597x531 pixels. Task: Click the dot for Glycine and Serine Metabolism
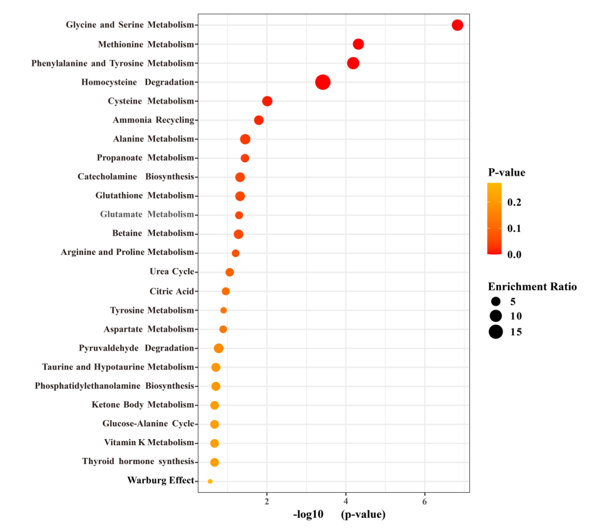[457, 25]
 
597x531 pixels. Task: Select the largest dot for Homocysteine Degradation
[323, 82]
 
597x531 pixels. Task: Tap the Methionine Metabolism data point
[358, 44]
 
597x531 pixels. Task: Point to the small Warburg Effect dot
[210, 481]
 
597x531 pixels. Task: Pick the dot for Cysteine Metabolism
[267, 101]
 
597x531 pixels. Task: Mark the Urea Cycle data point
[229, 272]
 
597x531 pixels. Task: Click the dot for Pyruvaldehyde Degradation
[218, 348]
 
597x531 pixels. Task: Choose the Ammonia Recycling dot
[259, 120]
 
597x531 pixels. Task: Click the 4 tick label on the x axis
[346, 502]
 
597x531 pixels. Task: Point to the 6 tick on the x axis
[425, 502]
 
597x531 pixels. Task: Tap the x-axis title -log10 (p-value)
[339, 515]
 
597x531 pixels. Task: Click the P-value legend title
[506, 173]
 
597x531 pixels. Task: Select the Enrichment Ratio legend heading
[532, 287]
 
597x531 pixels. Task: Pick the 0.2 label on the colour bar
[514, 202]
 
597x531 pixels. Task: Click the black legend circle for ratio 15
[495, 332]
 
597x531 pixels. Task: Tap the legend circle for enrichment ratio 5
[495, 302]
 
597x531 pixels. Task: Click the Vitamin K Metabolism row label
[149, 442]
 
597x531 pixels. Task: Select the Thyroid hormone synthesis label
[138, 461]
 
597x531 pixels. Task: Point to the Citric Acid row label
[171, 291]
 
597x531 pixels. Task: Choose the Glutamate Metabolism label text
[147, 214]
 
